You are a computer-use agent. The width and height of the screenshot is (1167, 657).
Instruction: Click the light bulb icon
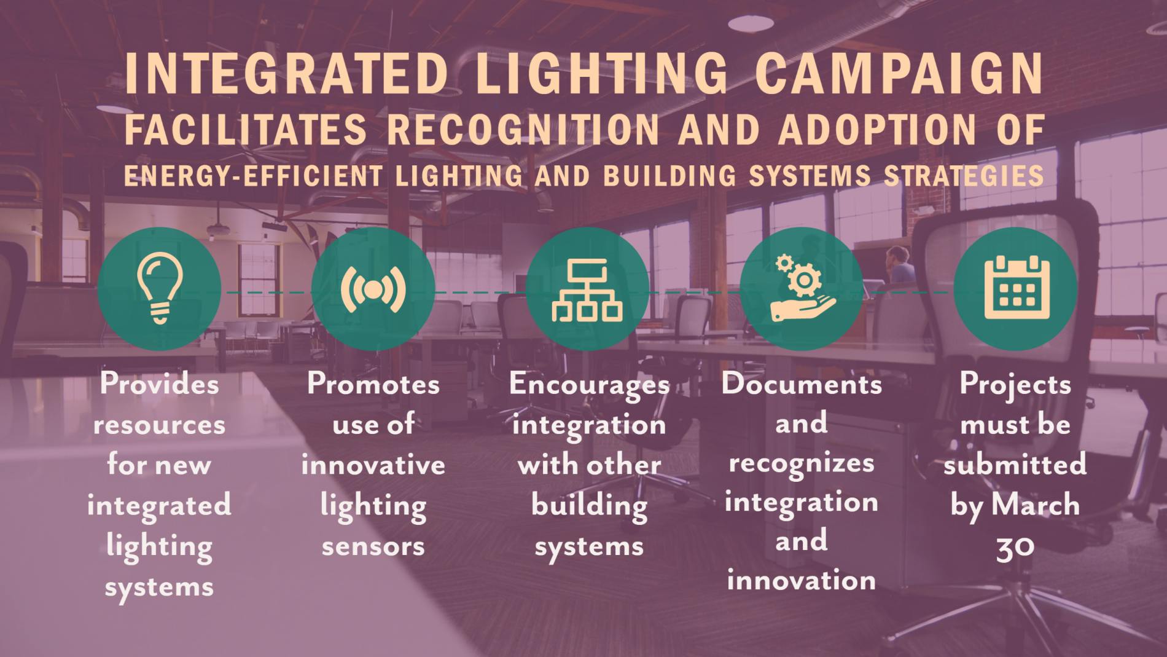pyautogui.click(x=159, y=288)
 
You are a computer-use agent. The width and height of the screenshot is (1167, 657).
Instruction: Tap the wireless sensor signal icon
pyautogui.click(x=373, y=288)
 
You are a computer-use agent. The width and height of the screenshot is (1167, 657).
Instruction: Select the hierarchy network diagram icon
pyautogui.click(x=587, y=289)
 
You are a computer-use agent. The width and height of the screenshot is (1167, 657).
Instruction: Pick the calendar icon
pyautogui.click(x=1016, y=288)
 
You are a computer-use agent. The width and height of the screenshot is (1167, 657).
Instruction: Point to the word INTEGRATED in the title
pyautogui.click(x=286, y=74)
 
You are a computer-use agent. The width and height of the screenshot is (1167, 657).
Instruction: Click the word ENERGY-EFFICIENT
pyautogui.click(x=252, y=176)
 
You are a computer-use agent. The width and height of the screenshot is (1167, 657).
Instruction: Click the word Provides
pyautogui.click(x=159, y=384)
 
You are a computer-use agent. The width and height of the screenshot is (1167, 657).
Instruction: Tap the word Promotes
pyautogui.click(x=373, y=384)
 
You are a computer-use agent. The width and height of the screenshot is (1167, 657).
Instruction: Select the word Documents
pyautogui.click(x=802, y=384)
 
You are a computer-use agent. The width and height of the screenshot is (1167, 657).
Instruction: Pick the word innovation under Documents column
pyautogui.click(x=802, y=580)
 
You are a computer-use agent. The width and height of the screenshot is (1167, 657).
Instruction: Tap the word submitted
pyautogui.click(x=1015, y=465)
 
